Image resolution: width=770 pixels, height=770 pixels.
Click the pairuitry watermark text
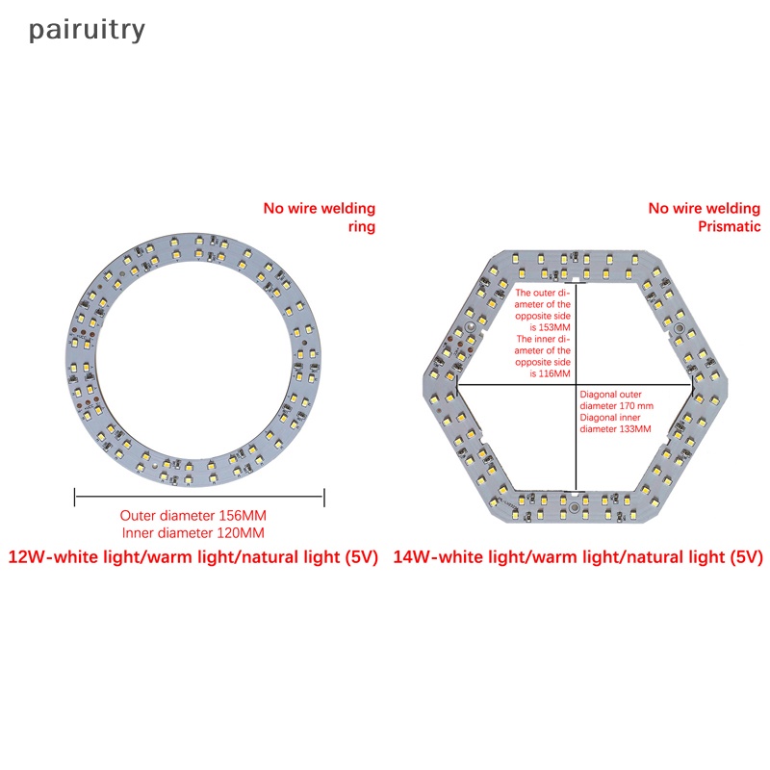coord(87,30)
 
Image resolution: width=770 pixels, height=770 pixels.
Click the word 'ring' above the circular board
coord(361,227)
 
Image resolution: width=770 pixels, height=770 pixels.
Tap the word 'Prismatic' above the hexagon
coord(729,227)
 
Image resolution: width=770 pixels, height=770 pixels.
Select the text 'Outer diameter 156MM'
coord(193,515)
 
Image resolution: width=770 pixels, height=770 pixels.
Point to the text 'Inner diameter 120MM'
coord(193,532)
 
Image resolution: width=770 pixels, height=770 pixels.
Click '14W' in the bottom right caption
coord(413,557)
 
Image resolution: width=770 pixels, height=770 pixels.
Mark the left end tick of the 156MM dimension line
coord(75,497)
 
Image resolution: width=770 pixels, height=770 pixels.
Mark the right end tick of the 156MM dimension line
coord(324,497)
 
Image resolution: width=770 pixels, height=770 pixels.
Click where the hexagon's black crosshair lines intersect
coord(576,385)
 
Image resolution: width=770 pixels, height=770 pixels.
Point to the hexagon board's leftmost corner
coord(424,385)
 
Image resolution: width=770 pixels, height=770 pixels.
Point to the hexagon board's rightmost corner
coord(727,385)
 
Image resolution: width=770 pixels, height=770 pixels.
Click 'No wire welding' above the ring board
coord(320,208)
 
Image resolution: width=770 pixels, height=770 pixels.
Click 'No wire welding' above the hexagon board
coord(704,208)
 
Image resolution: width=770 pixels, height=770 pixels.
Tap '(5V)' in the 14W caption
coord(744,557)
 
